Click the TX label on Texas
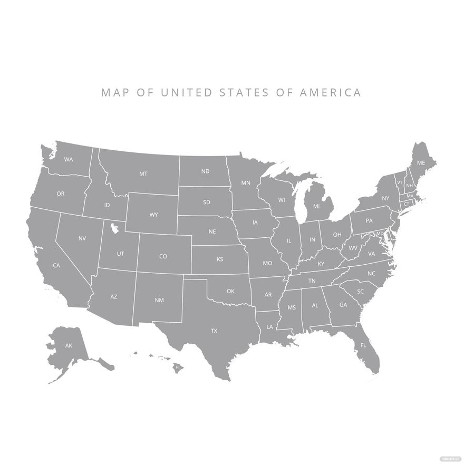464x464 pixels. click(x=214, y=331)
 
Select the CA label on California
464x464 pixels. click(x=56, y=265)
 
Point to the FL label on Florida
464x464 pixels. click(x=363, y=345)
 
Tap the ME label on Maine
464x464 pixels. click(x=421, y=163)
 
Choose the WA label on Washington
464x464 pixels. click(x=69, y=159)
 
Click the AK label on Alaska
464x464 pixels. click(x=69, y=345)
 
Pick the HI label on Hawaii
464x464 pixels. click(x=178, y=366)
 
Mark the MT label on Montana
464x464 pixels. click(x=143, y=173)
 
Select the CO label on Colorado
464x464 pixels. click(x=163, y=256)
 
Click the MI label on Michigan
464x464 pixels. click(x=316, y=206)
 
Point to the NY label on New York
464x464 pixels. click(x=385, y=198)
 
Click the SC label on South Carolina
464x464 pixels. click(x=361, y=291)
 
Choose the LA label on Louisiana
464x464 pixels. click(x=270, y=326)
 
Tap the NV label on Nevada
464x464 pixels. click(x=82, y=238)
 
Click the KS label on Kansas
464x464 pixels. click(x=220, y=259)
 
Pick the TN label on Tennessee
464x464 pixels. click(x=312, y=281)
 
